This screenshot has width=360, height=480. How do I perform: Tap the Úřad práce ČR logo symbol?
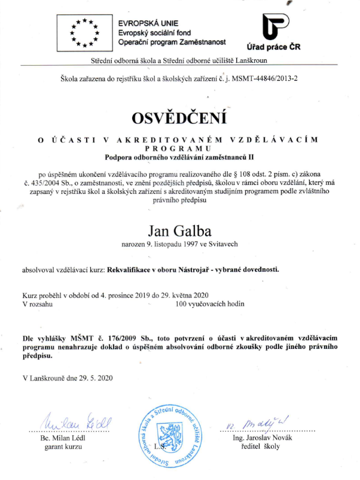[x=274, y=26]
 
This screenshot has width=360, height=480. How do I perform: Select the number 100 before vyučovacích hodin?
[x=183, y=304]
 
